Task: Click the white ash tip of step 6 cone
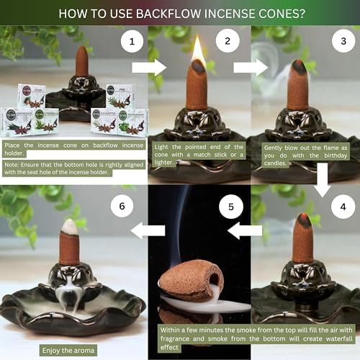[x=69, y=227]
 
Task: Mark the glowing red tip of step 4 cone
[x=305, y=217]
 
